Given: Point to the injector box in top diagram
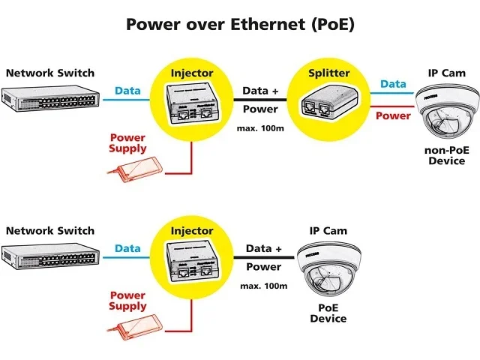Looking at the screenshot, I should point(192,103).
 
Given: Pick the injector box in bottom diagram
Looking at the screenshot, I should point(192,260).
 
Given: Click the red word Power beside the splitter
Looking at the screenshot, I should point(392,116).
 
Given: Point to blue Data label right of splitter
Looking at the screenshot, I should point(392,84).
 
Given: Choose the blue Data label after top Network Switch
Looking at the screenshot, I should point(127,91).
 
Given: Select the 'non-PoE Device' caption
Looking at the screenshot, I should point(446,155).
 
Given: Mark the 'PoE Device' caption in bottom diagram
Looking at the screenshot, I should point(328,313).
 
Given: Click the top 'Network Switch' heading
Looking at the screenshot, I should point(50,73).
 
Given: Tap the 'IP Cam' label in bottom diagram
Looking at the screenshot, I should point(328,230).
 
